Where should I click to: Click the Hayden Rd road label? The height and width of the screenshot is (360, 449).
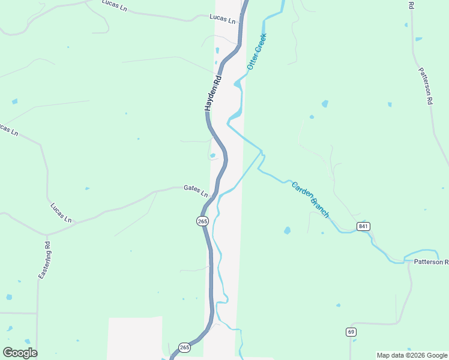213,93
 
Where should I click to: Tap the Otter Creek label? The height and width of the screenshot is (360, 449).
256,52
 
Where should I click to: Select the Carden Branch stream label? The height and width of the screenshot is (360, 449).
310,199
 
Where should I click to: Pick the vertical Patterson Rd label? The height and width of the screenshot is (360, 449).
426,87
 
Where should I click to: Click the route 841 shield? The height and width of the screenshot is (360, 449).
363,226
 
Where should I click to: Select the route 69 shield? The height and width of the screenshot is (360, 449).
351,332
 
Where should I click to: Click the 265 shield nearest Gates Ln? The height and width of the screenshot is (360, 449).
202,221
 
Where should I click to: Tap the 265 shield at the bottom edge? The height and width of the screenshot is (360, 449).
184,347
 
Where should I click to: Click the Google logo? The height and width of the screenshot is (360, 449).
20,353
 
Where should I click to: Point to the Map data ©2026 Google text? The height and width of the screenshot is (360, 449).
412,355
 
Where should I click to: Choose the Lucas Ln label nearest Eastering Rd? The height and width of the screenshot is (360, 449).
61,212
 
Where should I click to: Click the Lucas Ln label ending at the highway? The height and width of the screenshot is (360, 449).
222,19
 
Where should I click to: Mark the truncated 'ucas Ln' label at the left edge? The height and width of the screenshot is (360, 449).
8,129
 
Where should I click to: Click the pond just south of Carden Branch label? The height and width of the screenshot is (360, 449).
287,230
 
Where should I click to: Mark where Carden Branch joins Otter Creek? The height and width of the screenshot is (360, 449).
262,151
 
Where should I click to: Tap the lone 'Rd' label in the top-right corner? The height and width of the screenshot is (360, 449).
411,5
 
